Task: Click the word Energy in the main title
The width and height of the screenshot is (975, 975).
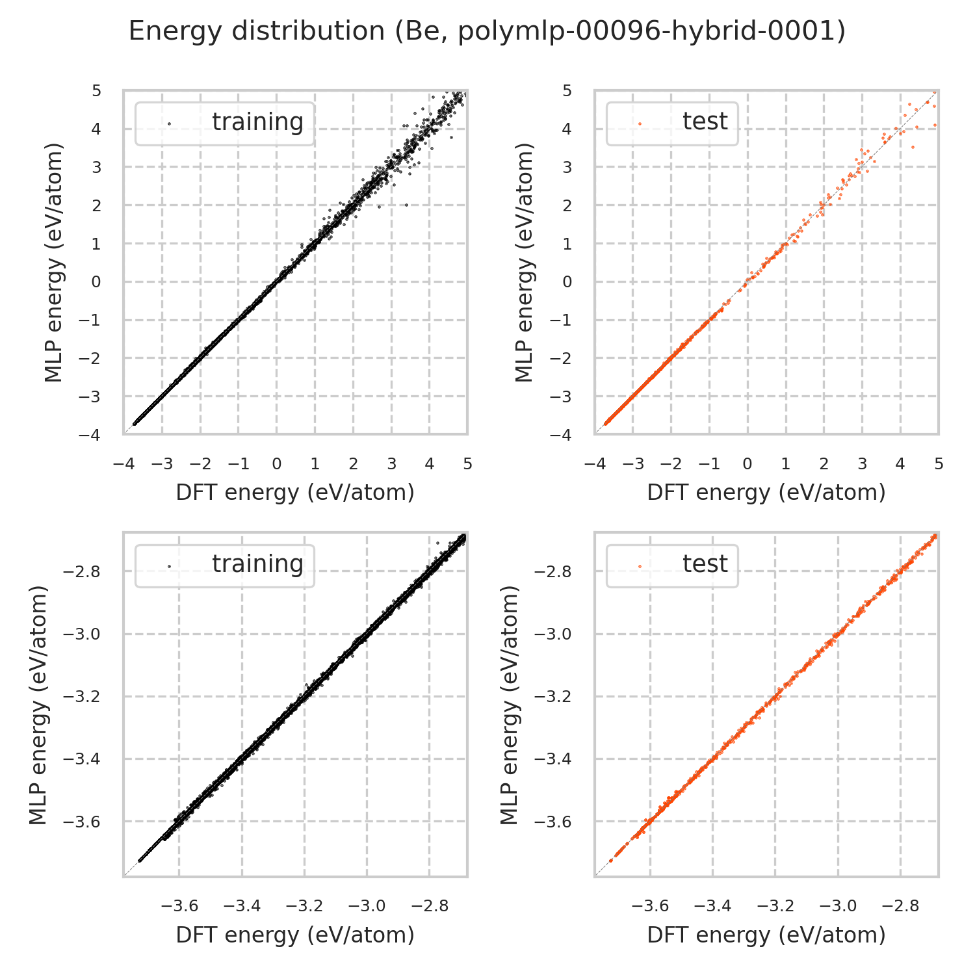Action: pos(170,32)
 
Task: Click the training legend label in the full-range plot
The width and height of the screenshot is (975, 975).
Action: pos(257,122)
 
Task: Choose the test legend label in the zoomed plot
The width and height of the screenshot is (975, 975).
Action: pos(705,564)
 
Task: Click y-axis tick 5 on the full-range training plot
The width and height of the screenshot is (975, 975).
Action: pos(97,90)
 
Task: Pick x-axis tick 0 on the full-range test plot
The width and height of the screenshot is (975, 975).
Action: pos(747,464)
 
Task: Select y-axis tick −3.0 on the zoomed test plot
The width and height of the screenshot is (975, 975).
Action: pos(554,634)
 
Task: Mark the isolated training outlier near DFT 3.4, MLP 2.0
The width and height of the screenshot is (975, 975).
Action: pos(407,205)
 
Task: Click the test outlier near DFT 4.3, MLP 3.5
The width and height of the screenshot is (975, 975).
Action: pos(913,148)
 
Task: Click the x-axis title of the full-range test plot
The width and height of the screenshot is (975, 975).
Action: pos(766,493)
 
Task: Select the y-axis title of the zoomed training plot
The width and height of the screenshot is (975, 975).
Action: pos(39,705)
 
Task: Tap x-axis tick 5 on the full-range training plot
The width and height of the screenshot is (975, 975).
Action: pos(467,464)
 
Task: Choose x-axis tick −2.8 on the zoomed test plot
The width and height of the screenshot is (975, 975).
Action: pos(900,906)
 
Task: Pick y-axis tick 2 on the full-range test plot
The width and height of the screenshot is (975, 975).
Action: pos(567,205)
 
